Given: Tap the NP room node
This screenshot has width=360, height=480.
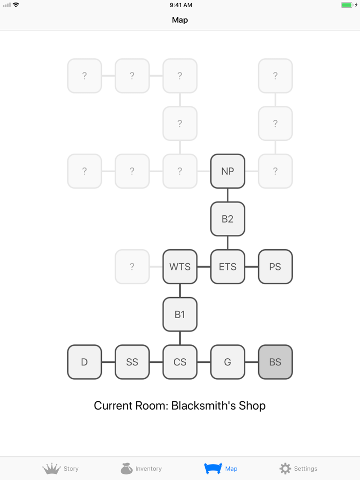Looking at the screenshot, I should tap(227, 171).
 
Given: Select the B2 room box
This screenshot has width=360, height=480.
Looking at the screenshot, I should tap(227, 219).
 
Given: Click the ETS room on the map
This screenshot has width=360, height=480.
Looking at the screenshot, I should tap(227, 267).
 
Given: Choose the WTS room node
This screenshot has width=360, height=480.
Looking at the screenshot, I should tap(180, 267).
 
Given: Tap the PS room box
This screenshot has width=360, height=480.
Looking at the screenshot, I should tap(275, 267).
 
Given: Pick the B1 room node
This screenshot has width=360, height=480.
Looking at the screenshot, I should tap(180, 315).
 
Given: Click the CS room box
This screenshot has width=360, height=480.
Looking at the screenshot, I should tap(180, 362).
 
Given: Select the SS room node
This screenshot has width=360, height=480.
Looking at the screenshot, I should tap(132, 362).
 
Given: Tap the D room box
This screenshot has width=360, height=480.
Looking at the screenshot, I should tap(84, 362).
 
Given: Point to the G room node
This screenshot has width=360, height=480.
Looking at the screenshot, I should tap(227, 362).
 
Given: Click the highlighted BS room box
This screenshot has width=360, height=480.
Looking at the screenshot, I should tap(275, 362).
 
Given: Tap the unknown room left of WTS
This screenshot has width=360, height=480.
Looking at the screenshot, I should tap(132, 267).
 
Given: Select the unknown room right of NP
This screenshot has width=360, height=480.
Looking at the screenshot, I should tap(275, 171).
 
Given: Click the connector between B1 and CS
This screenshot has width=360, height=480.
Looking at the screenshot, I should tap(180, 338).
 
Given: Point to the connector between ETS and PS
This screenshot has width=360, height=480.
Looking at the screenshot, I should tap(251, 267).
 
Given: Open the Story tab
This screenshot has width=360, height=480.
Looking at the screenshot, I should tap(61, 468).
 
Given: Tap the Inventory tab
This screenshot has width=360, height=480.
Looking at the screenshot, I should tap(141, 468).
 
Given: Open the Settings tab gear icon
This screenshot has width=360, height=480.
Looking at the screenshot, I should tap(285, 468).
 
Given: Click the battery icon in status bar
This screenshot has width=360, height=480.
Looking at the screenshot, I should tap(347, 5).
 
